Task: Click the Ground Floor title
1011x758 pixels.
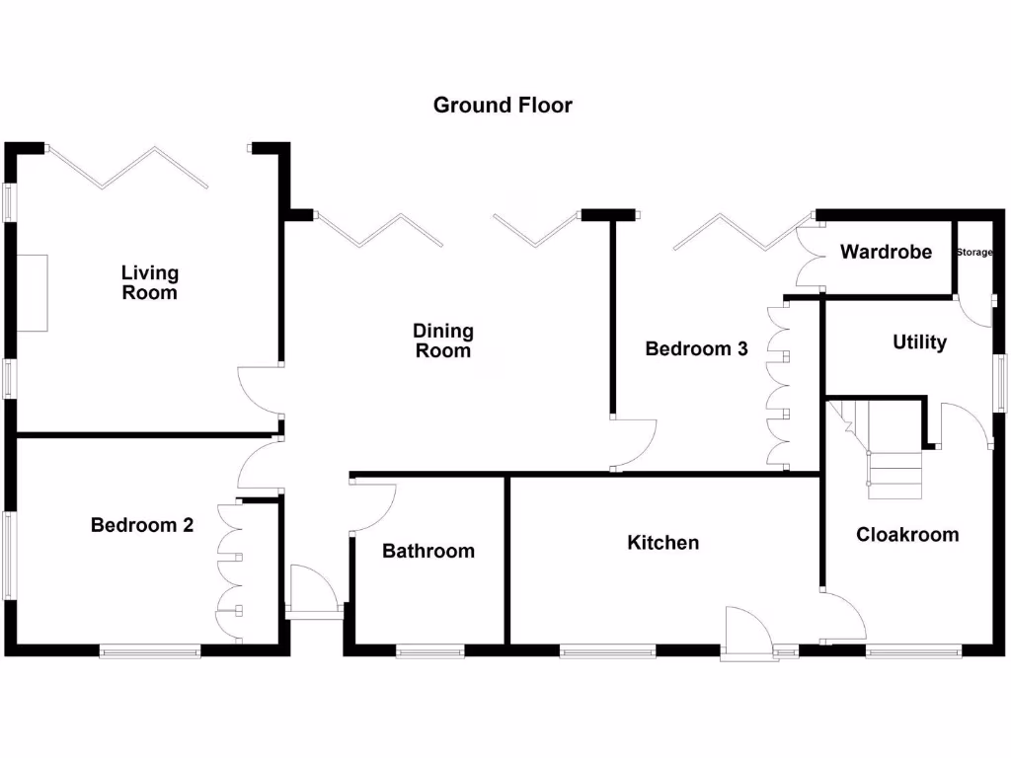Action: pyautogui.click(x=503, y=105)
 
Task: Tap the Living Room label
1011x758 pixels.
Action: pyautogui.click(x=150, y=282)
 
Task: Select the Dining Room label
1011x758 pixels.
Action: pyautogui.click(x=443, y=341)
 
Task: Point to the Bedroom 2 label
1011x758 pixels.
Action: pyautogui.click(x=142, y=525)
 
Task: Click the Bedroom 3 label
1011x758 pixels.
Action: pyautogui.click(x=696, y=348)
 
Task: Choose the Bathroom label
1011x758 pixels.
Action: pyautogui.click(x=428, y=551)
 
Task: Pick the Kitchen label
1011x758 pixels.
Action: pyautogui.click(x=662, y=543)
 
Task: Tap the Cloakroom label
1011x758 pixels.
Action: pyautogui.click(x=907, y=534)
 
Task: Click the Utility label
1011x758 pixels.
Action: pyautogui.click(x=919, y=342)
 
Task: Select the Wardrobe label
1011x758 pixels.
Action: pyautogui.click(x=886, y=252)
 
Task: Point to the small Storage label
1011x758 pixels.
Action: pyautogui.click(x=974, y=252)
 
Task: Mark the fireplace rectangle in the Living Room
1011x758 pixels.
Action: pyautogui.click(x=32, y=293)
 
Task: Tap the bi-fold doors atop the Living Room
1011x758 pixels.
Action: pyautogui.click(x=129, y=168)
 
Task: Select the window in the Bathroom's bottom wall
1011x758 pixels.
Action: pyautogui.click(x=430, y=652)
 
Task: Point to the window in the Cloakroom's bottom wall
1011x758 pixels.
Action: pyautogui.click(x=913, y=652)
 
